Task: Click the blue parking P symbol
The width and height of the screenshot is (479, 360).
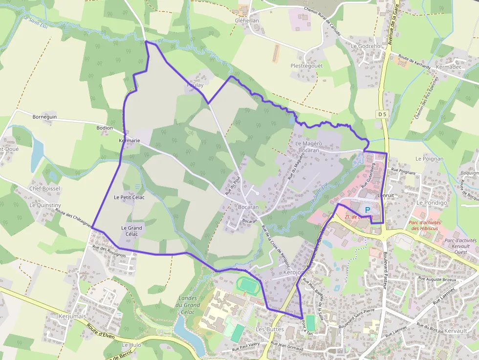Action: click(x=368, y=209)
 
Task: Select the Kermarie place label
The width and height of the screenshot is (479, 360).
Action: click(x=130, y=141)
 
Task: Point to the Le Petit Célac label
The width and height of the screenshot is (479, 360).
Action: click(x=129, y=197)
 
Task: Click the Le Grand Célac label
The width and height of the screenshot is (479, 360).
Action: click(x=131, y=231)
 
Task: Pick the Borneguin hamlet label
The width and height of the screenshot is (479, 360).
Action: click(x=44, y=117)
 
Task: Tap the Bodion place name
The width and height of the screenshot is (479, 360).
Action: click(x=105, y=128)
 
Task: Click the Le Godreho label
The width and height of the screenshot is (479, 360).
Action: click(x=366, y=46)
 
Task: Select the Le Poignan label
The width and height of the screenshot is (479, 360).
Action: click(x=430, y=159)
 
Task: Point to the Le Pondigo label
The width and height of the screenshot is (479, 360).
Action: click(x=432, y=202)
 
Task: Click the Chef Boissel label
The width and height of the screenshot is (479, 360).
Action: click(x=45, y=189)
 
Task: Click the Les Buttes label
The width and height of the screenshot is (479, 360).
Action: click(x=270, y=329)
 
